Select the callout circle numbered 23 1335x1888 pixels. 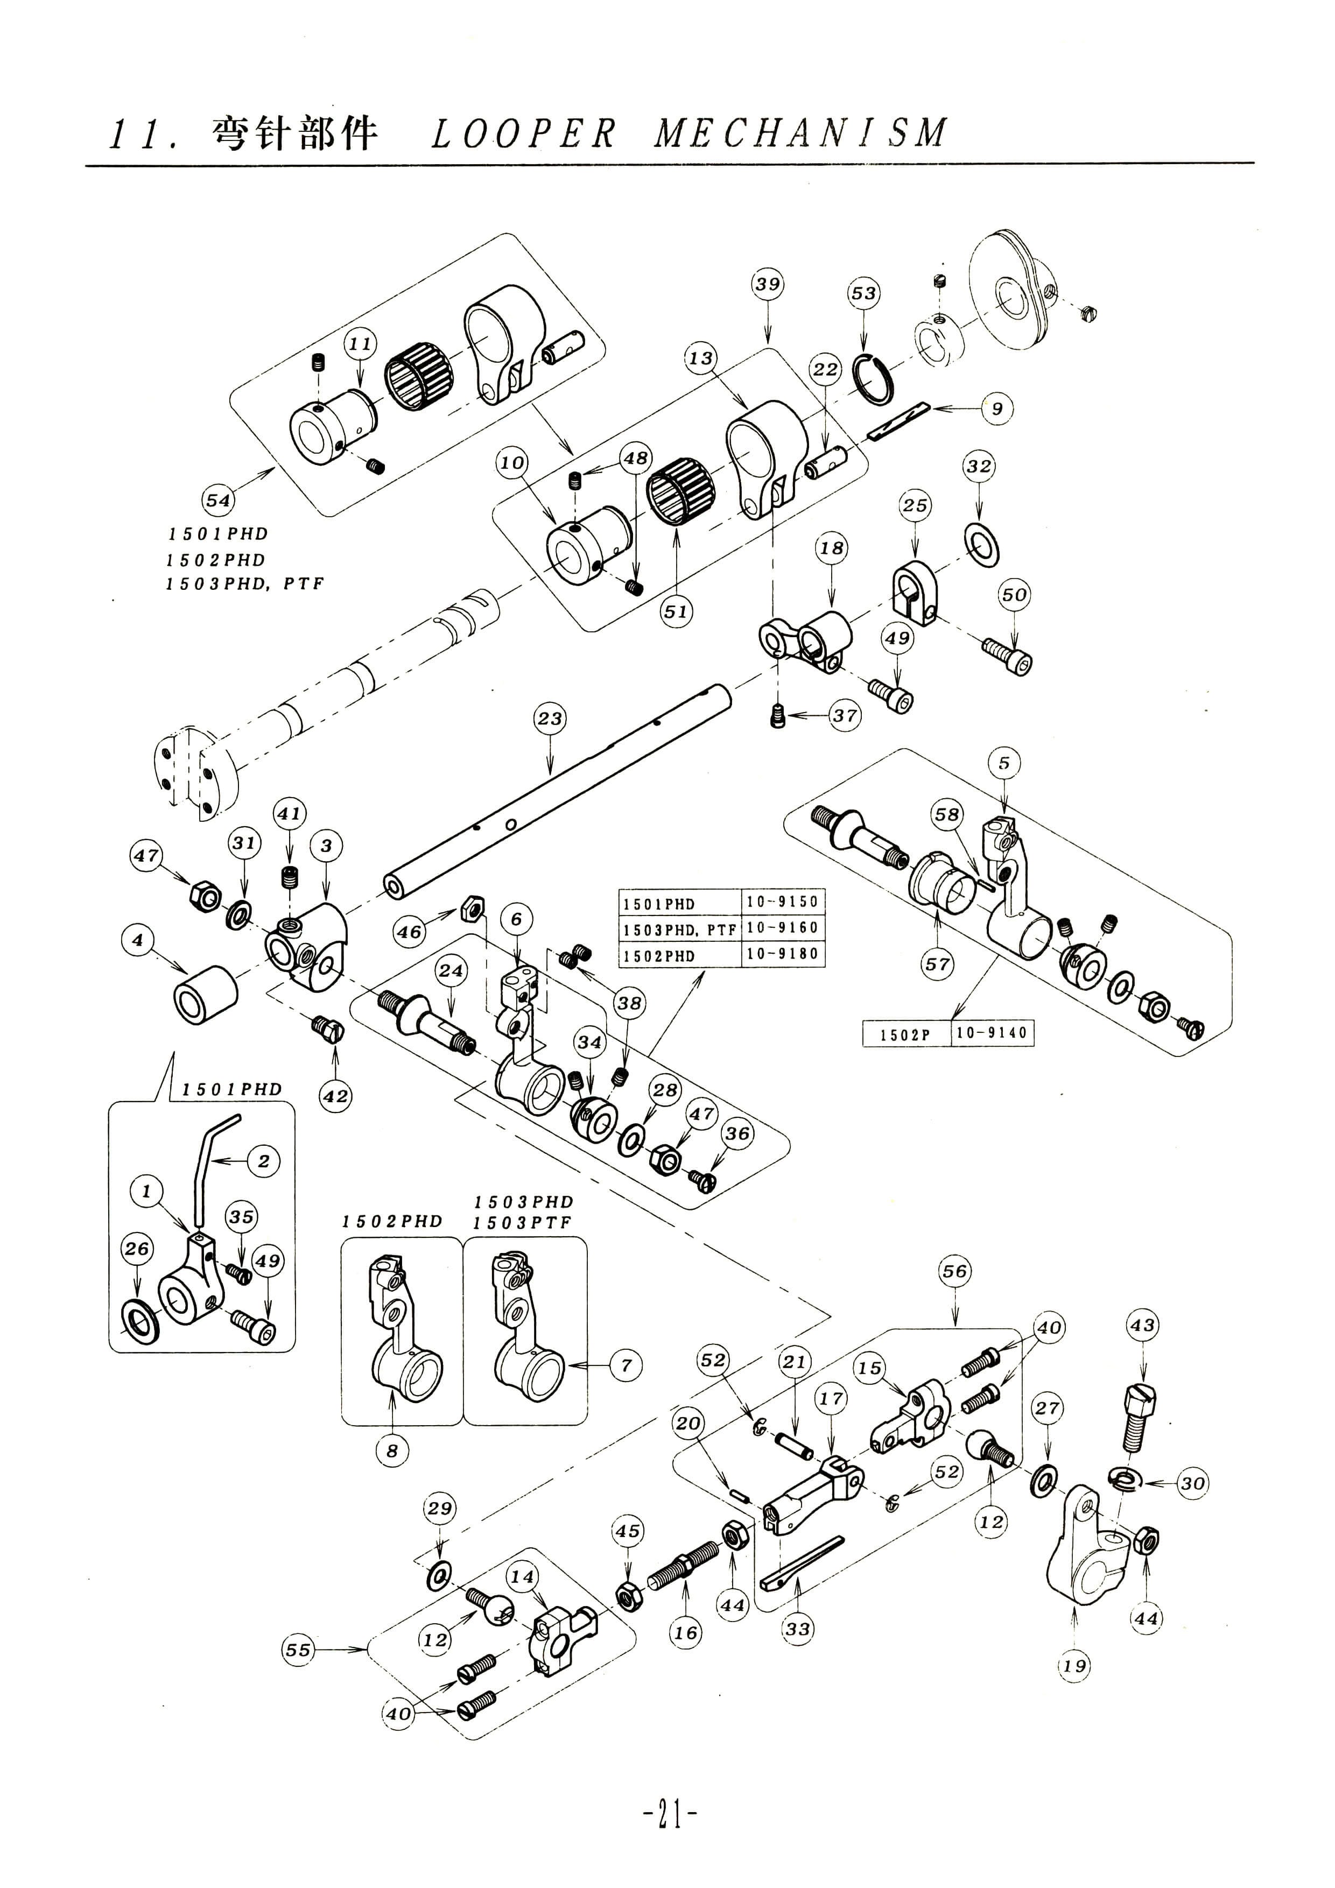(550, 718)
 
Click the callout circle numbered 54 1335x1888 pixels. (218, 500)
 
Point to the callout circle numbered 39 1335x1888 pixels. (768, 285)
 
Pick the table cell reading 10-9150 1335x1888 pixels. (782, 901)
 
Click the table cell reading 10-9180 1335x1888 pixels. (782, 954)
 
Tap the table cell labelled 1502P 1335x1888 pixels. (905, 1034)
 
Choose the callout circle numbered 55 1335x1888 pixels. (298, 1650)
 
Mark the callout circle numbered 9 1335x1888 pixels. (997, 408)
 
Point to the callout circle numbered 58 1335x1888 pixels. (947, 814)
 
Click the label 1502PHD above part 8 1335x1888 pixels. (392, 1222)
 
